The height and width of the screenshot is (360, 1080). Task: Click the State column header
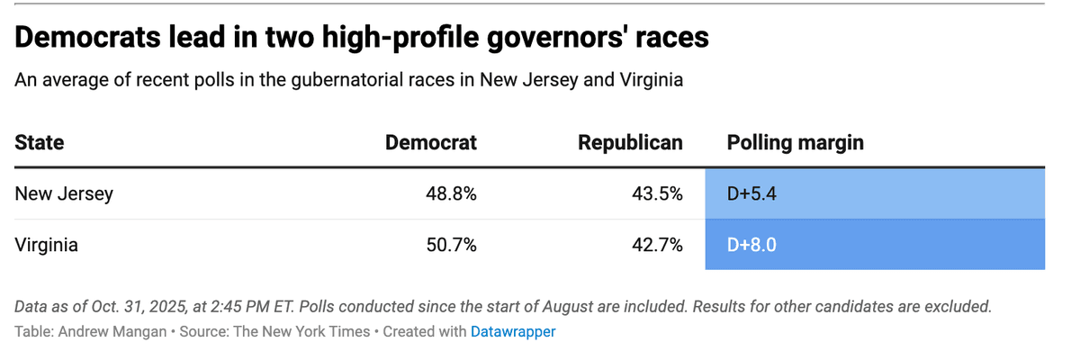pyautogui.click(x=39, y=143)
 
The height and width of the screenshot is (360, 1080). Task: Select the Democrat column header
pyautogui.click(x=430, y=143)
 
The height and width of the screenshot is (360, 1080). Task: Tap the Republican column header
pyautogui.click(x=630, y=143)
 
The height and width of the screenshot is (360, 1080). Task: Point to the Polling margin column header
pyautogui.click(x=795, y=143)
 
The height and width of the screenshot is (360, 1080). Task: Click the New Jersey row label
pyautogui.click(x=64, y=193)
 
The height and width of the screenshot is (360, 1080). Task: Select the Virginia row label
pyautogui.click(x=46, y=245)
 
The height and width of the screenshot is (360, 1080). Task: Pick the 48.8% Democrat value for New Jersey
pyautogui.click(x=451, y=193)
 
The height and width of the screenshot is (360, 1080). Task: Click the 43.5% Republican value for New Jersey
pyautogui.click(x=657, y=193)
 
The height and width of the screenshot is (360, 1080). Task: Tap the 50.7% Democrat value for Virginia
pyautogui.click(x=451, y=245)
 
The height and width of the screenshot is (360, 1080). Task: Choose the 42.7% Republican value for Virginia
pyautogui.click(x=657, y=245)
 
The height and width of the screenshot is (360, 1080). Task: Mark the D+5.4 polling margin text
pyautogui.click(x=751, y=193)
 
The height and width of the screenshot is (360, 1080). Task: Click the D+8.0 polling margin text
pyautogui.click(x=751, y=245)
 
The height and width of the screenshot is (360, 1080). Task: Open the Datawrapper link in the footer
pyautogui.click(x=513, y=331)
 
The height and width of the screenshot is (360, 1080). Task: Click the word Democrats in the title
pyautogui.click(x=87, y=37)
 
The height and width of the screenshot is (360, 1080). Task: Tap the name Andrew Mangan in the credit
pyautogui.click(x=112, y=331)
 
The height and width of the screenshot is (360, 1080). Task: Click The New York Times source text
pyautogui.click(x=301, y=331)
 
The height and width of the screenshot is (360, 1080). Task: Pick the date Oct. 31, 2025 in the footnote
pyautogui.click(x=139, y=307)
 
